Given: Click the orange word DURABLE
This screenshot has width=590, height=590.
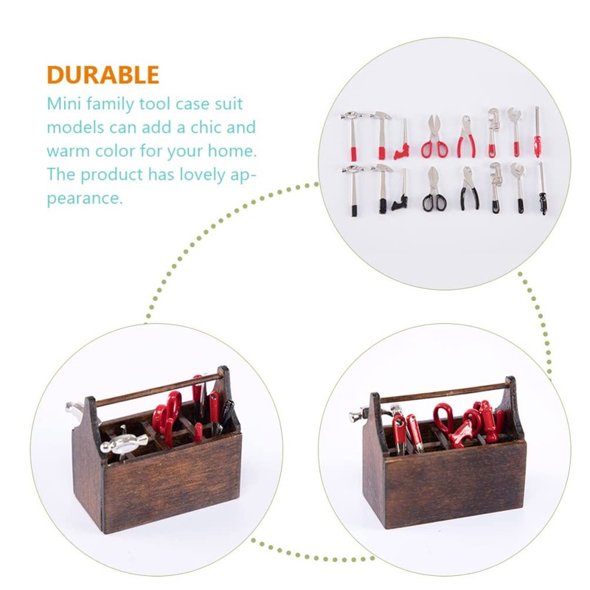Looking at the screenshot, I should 103,75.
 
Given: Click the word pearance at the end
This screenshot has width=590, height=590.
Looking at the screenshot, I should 84,199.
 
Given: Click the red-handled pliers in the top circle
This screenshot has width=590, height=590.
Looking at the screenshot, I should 466,137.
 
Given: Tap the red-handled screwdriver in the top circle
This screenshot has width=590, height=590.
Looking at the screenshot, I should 538,133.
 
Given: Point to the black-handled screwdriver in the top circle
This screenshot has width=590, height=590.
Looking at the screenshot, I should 542,190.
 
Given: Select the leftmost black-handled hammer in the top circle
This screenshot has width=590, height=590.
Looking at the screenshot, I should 353,190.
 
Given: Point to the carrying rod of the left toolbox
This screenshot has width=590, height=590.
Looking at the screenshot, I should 159,389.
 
